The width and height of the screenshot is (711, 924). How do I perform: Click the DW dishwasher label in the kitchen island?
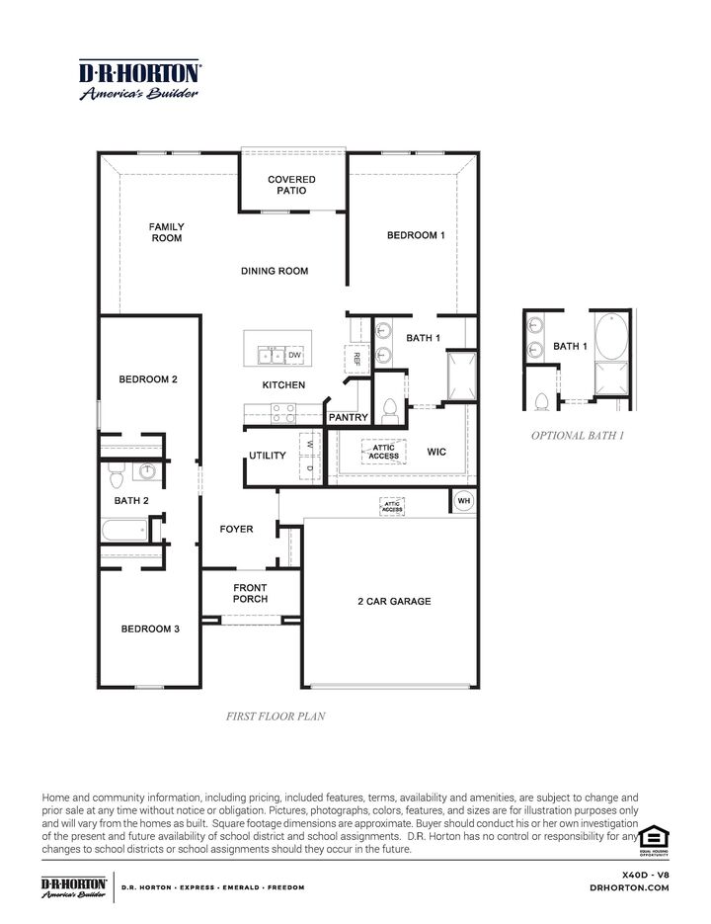pyautogui.click(x=294, y=356)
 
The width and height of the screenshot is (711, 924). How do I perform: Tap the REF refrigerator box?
pyautogui.click(x=355, y=359)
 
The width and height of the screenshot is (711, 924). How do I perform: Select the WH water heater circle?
pyautogui.click(x=463, y=501)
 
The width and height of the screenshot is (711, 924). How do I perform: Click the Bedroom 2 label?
pyautogui.click(x=148, y=379)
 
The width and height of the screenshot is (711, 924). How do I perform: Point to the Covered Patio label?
pyautogui.click(x=291, y=185)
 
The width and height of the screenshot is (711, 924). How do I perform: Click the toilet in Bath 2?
pyautogui.click(x=117, y=475)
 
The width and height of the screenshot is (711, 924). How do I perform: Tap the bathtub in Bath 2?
pyautogui.click(x=124, y=530)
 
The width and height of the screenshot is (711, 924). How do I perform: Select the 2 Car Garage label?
pyautogui.click(x=394, y=601)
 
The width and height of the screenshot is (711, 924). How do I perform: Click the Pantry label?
pyautogui.click(x=349, y=417)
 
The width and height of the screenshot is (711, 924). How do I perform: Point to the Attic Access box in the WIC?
pyautogui.click(x=383, y=452)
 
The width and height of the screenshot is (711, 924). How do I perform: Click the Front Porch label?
pyautogui.click(x=250, y=593)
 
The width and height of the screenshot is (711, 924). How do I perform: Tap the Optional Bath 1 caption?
pyautogui.click(x=578, y=436)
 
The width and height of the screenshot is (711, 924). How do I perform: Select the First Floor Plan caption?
pyautogui.click(x=276, y=716)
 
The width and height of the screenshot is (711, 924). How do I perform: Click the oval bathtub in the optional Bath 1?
pyautogui.click(x=611, y=336)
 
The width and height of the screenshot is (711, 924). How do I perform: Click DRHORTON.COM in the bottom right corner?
pyautogui.click(x=629, y=887)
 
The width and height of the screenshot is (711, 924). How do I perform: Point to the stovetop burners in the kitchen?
pyautogui.click(x=283, y=414)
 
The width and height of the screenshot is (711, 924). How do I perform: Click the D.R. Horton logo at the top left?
pyautogui.click(x=139, y=80)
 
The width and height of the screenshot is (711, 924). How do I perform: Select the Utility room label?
pyautogui.click(x=268, y=456)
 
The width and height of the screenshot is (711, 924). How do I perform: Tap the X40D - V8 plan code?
pyautogui.click(x=646, y=876)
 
